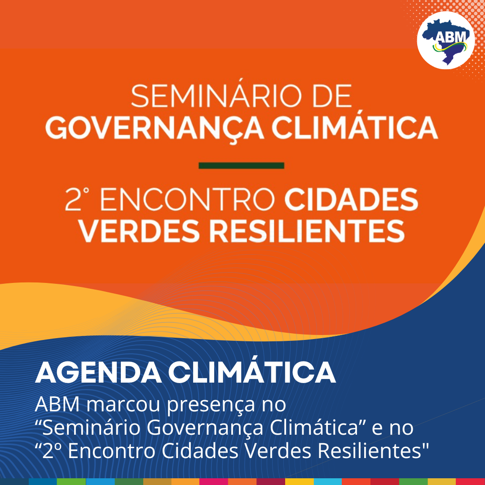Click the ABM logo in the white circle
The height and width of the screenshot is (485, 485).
(446, 40)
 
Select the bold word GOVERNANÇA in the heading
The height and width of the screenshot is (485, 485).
(154, 128)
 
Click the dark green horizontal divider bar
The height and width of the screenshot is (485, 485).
(241, 165)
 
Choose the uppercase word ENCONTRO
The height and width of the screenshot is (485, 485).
(187, 200)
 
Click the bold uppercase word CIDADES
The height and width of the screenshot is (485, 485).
(351, 200)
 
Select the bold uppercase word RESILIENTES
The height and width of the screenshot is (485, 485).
(307, 231)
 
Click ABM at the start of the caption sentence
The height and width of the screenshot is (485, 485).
(58, 404)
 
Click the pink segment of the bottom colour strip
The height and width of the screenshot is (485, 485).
(214, 481)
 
